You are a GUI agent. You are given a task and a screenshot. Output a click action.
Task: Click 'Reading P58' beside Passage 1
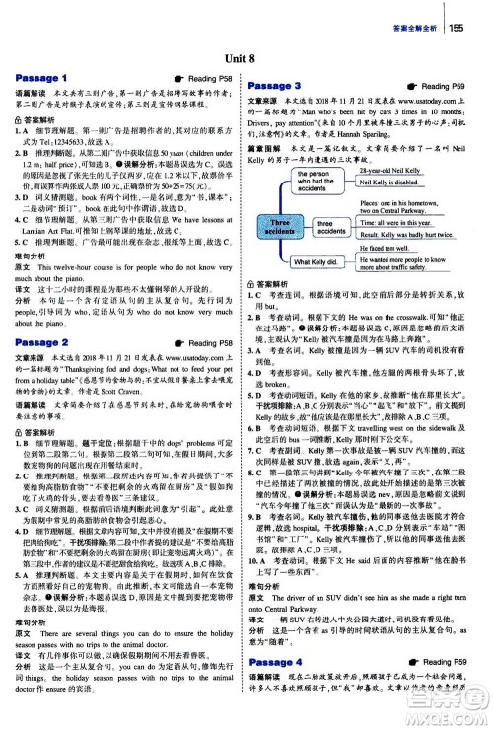tap(207, 77)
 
